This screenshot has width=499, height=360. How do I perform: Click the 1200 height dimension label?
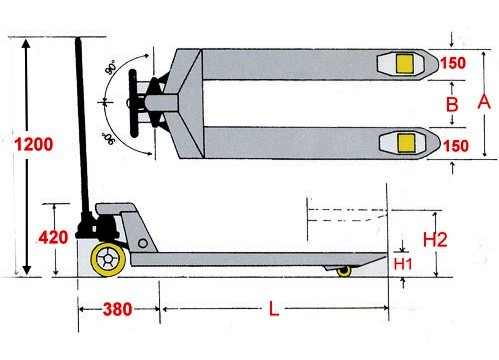(34, 144)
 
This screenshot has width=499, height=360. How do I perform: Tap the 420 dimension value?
(54, 237)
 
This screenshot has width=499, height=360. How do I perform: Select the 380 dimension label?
(117, 309)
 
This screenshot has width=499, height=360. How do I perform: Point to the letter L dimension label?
(273, 309)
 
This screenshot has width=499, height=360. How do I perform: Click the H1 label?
(403, 264)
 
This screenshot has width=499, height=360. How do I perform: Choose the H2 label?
(435, 239)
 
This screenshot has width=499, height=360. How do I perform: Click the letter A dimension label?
(484, 102)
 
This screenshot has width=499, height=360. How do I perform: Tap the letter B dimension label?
(452, 104)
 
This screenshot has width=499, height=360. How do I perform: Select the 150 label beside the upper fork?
(453, 63)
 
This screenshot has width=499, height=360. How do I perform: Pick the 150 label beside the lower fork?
(456, 146)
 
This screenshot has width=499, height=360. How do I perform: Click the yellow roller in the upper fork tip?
(404, 64)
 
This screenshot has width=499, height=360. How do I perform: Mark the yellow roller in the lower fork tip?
(407, 143)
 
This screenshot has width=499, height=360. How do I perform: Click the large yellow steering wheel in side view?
(108, 259)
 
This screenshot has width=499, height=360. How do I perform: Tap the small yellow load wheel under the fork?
(344, 271)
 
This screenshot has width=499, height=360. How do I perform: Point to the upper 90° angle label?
(110, 67)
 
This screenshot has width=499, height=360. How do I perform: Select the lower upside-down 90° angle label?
(108, 138)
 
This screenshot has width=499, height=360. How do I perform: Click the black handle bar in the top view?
(133, 103)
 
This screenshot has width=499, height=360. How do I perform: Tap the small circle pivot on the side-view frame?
(143, 243)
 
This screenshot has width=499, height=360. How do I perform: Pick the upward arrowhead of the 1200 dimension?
(26, 44)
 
